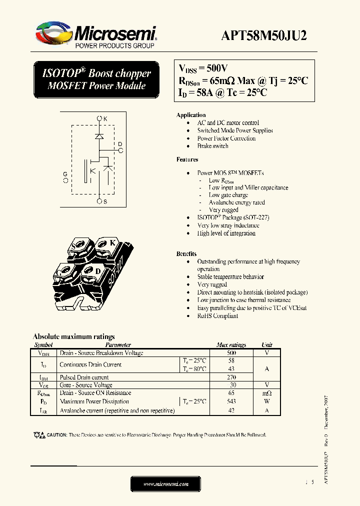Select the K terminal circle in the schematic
tap(99, 118)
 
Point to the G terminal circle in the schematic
tap(66, 180)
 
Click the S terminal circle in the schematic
tap(99, 201)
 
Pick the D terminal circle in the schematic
tap(120, 150)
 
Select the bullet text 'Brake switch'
tap(212, 146)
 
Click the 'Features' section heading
tap(187, 159)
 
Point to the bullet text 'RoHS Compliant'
tap(217, 316)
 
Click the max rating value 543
tap(231, 401)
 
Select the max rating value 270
tap(231, 377)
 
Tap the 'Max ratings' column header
tap(231, 345)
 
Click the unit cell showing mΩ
tap(267, 393)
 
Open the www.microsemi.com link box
tap(165, 484)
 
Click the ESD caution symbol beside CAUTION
tap(38, 435)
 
